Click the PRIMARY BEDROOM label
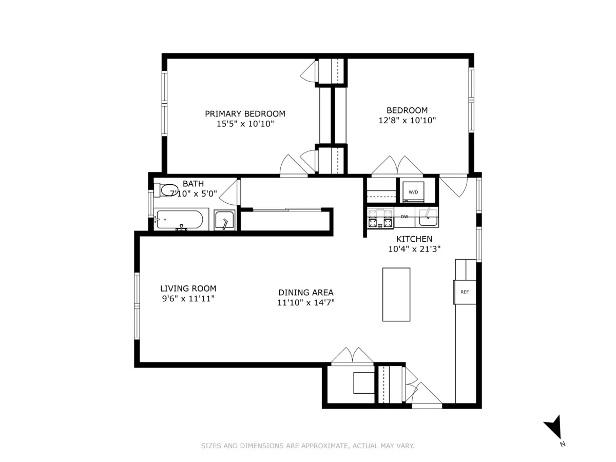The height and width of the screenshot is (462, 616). (245, 113)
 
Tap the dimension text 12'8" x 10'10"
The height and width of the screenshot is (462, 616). (407, 121)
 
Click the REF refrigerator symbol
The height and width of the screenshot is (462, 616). (465, 292)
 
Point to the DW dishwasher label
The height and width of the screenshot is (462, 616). (405, 217)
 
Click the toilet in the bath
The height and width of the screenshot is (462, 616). (166, 190)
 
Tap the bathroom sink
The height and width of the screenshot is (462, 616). (224, 221)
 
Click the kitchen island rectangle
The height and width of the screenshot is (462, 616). (396, 294)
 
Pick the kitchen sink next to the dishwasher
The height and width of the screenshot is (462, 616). (427, 218)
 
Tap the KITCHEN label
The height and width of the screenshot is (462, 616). (414, 239)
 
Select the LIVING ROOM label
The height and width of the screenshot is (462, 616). (188, 288)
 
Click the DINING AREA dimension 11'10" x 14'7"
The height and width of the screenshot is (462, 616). (306, 302)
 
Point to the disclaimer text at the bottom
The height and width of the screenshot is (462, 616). (307, 446)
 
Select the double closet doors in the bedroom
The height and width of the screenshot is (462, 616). (397, 166)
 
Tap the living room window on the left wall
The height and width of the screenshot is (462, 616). (137, 306)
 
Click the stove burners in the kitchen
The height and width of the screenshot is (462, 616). (380, 218)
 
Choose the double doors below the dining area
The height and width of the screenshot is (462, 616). (352, 356)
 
